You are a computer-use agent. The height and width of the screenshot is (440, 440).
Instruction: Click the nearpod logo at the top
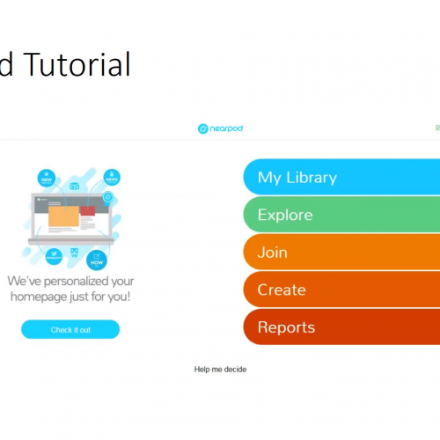pyautogui.click(x=219, y=128)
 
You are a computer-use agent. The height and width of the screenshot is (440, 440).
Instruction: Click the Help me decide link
pyautogui.click(x=220, y=370)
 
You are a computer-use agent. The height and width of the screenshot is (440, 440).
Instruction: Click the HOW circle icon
pyautogui.click(x=98, y=258)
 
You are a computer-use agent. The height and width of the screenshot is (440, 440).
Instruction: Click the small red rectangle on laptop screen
pyautogui.click(x=87, y=211)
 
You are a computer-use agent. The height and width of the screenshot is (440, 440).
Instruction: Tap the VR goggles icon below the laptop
pyautogui.click(x=74, y=252)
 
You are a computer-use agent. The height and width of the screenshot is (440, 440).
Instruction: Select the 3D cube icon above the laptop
pyautogui.click(x=75, y=186)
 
